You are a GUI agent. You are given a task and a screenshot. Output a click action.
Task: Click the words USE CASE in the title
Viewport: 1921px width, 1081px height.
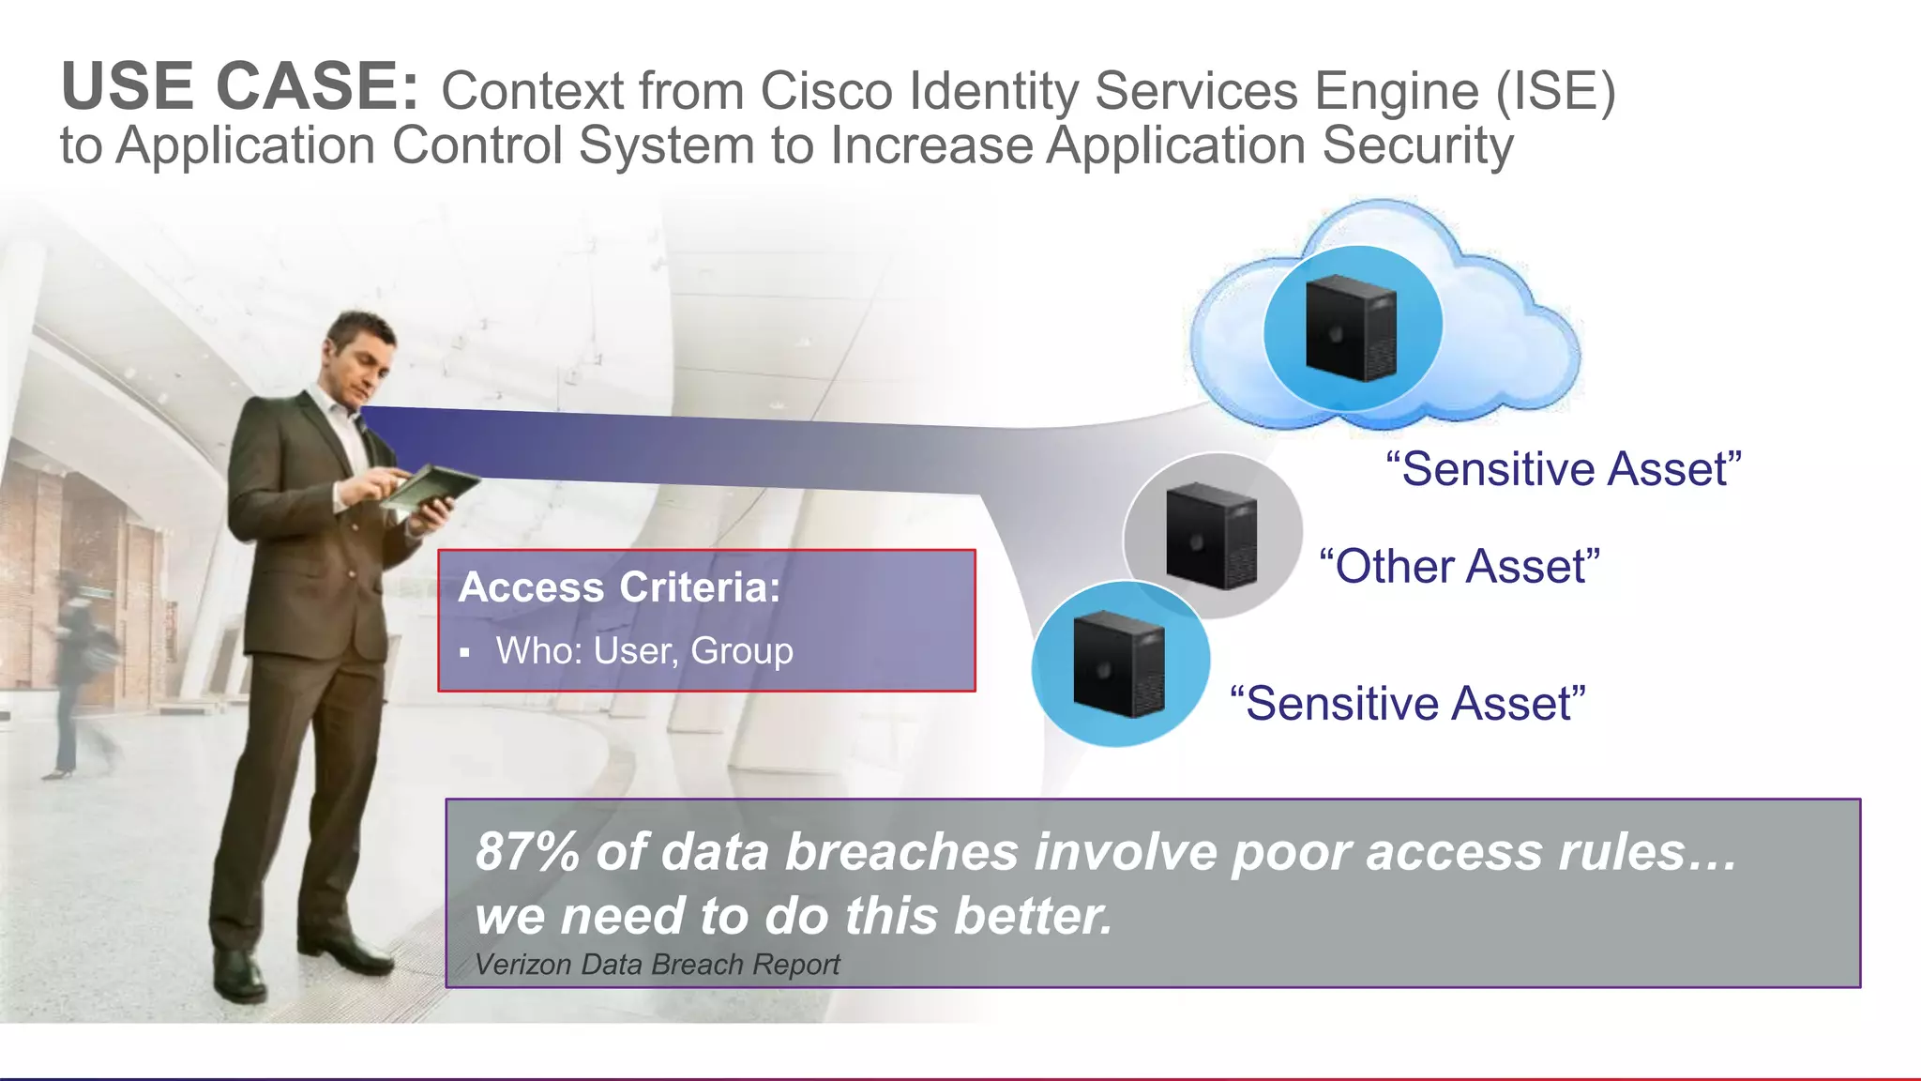point(240,86)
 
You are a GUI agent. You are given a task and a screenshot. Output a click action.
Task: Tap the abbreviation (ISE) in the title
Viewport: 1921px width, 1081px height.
point(1556,92)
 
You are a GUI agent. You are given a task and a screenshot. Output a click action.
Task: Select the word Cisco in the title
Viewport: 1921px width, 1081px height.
point(824,92)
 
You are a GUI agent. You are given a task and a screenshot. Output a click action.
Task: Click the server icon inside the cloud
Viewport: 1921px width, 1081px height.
point(1351,327)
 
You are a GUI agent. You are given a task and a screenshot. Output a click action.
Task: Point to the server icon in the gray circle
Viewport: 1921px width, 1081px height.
point(1212,536)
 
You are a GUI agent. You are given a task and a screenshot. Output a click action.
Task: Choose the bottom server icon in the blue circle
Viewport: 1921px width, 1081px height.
point(1119,663)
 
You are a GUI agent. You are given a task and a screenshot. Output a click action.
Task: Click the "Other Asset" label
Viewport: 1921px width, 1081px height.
point(1459,567)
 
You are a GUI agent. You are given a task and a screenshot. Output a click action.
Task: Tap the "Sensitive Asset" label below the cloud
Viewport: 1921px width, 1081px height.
point(1564,469)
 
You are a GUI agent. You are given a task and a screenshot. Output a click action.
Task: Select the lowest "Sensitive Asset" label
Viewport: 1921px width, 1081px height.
point(1407,704)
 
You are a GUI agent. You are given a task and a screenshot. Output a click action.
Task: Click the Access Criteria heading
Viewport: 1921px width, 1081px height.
point(619,587)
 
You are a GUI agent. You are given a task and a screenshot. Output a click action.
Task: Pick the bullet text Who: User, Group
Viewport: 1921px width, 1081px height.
point(644,651)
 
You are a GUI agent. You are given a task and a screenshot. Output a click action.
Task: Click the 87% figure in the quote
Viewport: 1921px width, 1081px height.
point(527,852)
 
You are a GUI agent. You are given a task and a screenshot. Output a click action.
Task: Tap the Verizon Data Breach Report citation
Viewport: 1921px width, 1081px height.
point(657,965)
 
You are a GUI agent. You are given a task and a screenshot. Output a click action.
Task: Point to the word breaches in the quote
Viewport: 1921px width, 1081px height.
point(901,852)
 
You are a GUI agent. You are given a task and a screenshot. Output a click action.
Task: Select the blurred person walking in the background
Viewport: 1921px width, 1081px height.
point(80,676)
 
